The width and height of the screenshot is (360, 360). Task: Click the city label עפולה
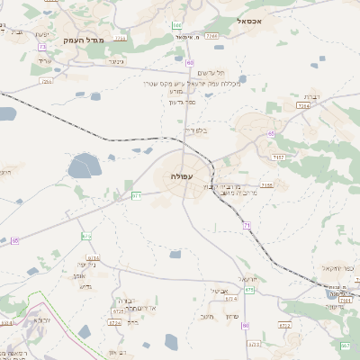181,176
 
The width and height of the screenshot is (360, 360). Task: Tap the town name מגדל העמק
85,40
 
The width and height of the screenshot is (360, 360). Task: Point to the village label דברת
312,94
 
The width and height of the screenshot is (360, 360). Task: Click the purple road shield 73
41,47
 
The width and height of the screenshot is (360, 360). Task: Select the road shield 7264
303,105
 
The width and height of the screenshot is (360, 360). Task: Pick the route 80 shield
190,63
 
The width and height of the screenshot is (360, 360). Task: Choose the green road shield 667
345,346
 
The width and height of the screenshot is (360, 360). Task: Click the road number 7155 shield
267,184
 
